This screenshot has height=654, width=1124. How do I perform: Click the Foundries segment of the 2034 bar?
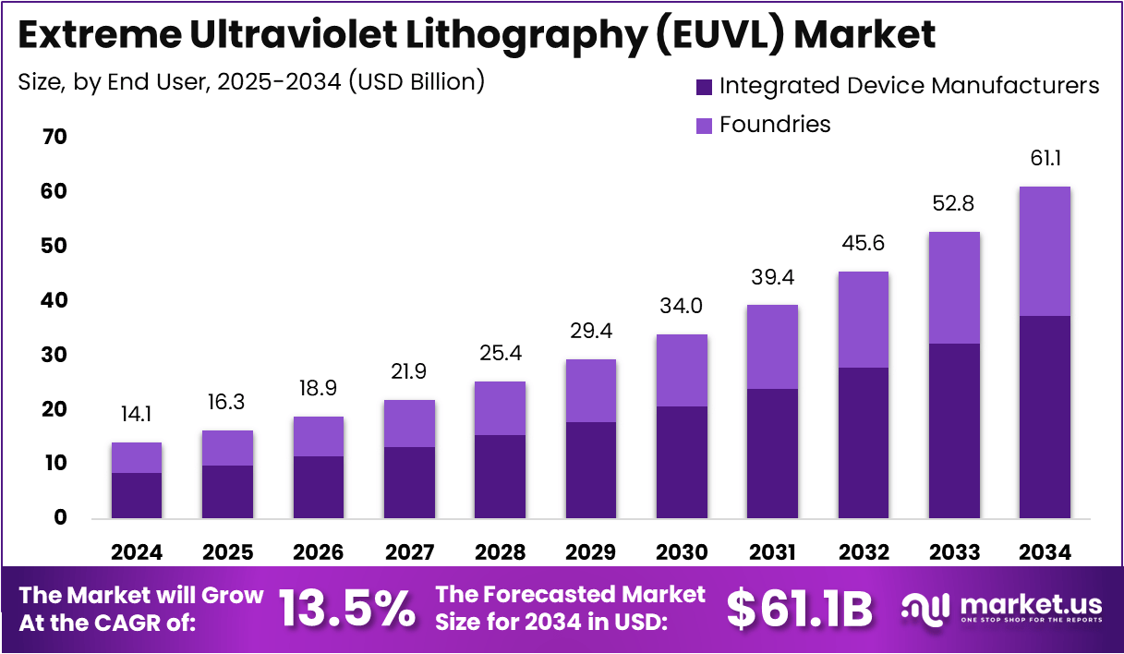coord(1045,251)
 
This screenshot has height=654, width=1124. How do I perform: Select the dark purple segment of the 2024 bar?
coord(137,495)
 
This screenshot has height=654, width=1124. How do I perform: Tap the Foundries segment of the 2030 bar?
coord(683,370)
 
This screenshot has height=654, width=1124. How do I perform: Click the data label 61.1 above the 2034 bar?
coord(1045,159)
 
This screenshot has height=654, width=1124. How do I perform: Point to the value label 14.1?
coord(137,414)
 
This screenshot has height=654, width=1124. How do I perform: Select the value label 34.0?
coord(683,306)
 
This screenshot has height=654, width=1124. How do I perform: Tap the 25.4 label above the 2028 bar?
coord(501,353)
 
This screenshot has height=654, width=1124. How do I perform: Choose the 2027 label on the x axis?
coord(409,552)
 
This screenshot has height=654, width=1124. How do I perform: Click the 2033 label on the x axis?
coord(954,552)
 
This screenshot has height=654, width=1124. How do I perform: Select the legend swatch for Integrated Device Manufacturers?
coord(704,87)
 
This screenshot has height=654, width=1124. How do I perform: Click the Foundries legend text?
coord(775,125)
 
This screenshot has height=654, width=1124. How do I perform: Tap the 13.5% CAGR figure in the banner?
coord(346,609)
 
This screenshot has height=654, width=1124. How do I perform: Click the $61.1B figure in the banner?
coord(799,609)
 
